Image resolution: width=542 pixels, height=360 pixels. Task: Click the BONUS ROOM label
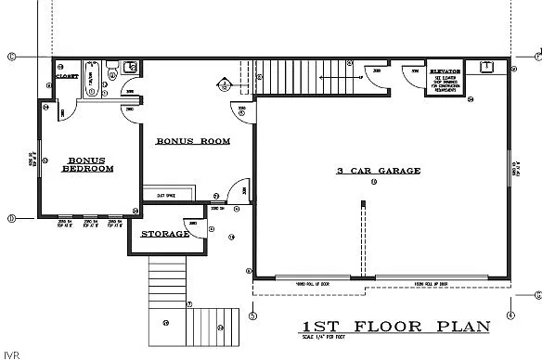pos(192,141)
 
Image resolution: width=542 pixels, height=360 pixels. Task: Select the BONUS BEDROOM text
pos(88,165)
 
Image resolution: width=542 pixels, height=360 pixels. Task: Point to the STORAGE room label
pos(164,234)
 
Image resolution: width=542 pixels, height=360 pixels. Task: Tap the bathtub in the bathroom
pos(92,78)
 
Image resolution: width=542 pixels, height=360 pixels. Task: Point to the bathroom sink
pos(130,66)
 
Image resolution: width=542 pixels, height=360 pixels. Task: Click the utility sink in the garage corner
pos(484,67)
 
